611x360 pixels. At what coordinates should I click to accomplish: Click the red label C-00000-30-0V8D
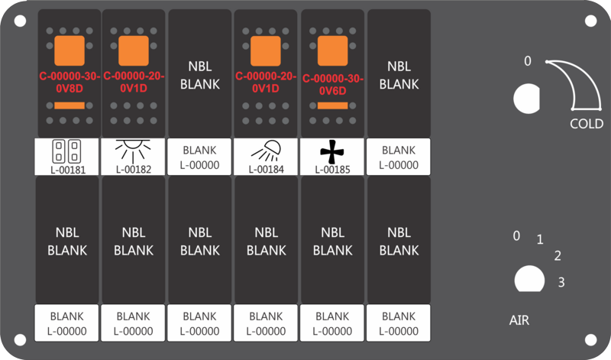click(70, 83)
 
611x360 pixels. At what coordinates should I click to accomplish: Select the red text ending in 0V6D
click(332, 85)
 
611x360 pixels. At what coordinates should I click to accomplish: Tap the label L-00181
click(68, 170)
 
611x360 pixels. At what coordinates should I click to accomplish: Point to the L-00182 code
click(134, 169)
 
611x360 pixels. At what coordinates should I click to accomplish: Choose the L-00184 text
click(266, 169)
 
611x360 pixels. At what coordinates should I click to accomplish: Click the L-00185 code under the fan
click(332, 170)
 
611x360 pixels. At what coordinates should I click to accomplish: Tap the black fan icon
click(332, 152)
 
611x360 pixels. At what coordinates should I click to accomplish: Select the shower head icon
click(267, 151)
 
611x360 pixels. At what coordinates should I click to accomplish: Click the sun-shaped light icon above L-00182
click(133, 151)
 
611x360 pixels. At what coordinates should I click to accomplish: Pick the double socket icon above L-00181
click(66, 151)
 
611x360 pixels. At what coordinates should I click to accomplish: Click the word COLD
click(587, 124)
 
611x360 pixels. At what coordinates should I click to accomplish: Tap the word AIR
click(519, 320)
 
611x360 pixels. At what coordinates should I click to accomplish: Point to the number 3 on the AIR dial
click(561, 282)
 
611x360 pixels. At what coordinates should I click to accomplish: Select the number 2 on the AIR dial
click(558, 256)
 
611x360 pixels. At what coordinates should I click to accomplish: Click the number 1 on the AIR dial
click(540, 239)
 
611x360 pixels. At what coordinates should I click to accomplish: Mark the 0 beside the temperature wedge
click(527, 61)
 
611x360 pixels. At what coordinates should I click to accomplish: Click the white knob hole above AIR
click(529, 279)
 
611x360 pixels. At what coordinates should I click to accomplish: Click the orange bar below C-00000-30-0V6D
click(332, 105)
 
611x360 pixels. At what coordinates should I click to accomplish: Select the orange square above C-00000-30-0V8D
click(70, 50)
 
